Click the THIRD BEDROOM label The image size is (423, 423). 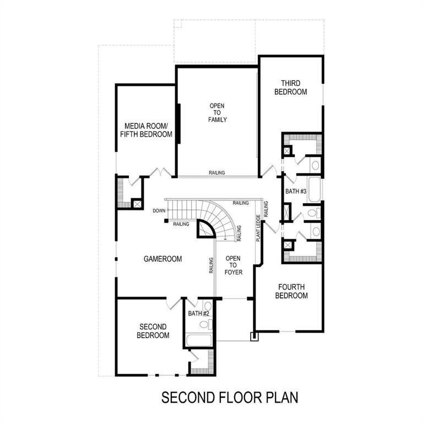[x=290, y=88]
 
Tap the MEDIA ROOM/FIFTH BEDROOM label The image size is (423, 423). [x=148, y=129]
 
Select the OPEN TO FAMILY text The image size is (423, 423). [x=217, y=112]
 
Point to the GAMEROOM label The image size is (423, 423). [x=163, y=258]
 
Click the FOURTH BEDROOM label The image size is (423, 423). [x=291, y=291]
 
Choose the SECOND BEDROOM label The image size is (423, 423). [x=153, y=330]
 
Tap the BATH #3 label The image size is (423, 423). [x=296, y=191]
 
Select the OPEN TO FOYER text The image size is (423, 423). [x=234, y=265]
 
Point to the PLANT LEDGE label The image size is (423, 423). [x=257, y=228]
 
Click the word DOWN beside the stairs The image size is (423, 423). [x=159, y=210]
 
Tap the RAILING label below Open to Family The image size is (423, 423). [x=216, y=173]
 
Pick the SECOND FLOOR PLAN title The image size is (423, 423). [x=230, y=398]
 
